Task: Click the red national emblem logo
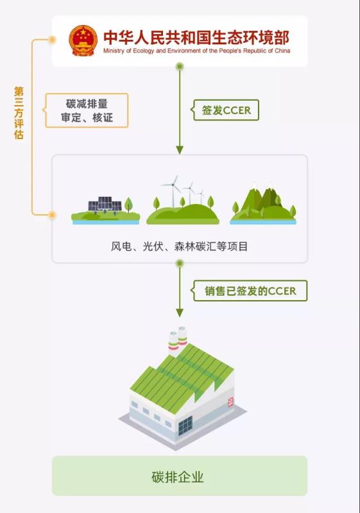(83, 40)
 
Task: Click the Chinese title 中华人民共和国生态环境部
(196, 38)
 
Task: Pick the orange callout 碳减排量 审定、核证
(86, 110)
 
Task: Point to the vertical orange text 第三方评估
(19, 113)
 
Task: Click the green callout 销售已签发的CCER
(249, 291)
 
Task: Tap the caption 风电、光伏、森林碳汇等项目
(179, 246)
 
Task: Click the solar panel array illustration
(105, 205)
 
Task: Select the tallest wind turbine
(173, 191)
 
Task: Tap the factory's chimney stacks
(178, 341)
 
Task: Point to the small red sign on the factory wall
(231, 402)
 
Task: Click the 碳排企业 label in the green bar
(178, 477)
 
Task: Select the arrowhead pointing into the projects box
(179, 150)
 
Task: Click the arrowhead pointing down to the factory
(179, 313)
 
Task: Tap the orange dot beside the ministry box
(52, 40)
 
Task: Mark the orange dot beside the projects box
(52, 215)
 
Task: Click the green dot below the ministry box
(179, 67)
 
